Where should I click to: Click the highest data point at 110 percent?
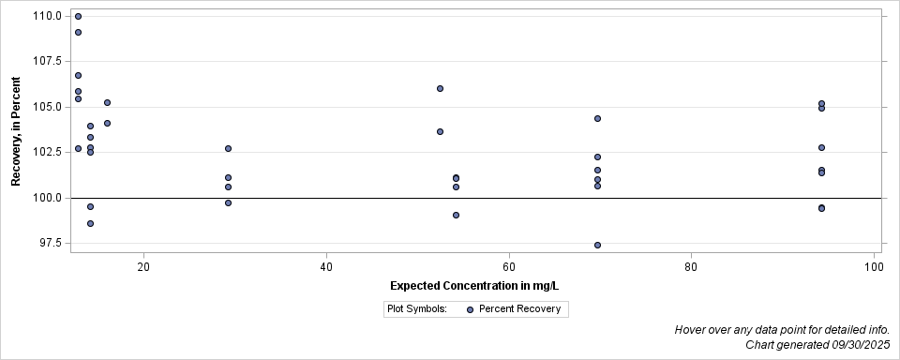point(78,16)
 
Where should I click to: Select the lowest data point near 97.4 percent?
point(597,245)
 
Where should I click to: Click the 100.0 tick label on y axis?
point(49,198)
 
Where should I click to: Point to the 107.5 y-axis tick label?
point(49,61)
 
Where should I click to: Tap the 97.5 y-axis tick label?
point(52,244)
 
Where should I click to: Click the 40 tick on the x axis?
point(325,266)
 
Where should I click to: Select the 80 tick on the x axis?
point(691,266)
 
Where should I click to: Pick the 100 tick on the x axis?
point(874,266)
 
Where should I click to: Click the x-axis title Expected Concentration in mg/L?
point(475,285)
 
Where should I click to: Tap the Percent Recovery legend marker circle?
point(470,309)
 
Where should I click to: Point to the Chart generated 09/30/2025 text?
point(817,345)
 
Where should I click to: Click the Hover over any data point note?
point(782,330)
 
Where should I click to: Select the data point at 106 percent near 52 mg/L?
point(440,88)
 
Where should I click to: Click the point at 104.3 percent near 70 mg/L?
point(597,118)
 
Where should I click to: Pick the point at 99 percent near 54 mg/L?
point(456,215)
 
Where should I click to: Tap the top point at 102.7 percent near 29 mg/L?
point(228,148)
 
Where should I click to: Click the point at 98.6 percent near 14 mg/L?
point(90,223)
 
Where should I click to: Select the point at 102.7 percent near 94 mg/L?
point(821,147)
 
